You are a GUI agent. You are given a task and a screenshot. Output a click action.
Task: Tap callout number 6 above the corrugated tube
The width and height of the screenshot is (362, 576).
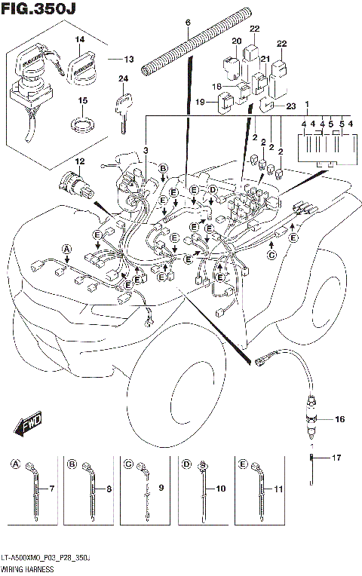pyautogui.click(x=188, y=23)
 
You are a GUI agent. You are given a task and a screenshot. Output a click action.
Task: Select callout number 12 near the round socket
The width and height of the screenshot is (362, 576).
pyautogui.click(x=79, y=161)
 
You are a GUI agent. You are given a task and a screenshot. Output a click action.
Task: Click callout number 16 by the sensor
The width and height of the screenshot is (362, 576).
pyautogui.click(x=339, y=418)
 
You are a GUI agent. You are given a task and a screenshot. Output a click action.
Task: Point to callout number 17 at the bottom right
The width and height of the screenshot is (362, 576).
pyautogui.click(x=337, y=457)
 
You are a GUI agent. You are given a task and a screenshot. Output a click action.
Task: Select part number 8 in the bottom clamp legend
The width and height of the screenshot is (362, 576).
pyautogui.click(x=109, y=489)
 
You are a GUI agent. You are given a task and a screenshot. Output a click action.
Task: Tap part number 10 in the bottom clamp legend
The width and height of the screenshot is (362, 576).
pyautogui.click(x=220, y=489)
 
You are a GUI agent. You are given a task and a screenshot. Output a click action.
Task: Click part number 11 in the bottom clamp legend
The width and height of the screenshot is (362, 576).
pyautogui.click(x=278, y=489)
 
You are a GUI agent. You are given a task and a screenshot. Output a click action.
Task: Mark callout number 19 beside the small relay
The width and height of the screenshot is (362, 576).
pyautogui.click(x=201, y=101)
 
